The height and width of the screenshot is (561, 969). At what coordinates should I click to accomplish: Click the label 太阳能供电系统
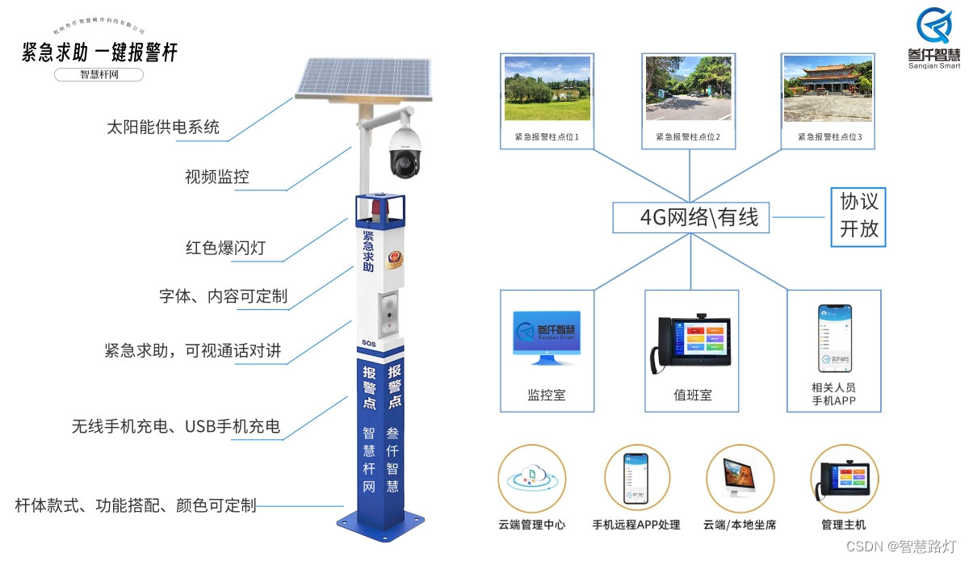click(163, 128)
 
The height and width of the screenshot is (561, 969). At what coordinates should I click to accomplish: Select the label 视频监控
click(216, 177)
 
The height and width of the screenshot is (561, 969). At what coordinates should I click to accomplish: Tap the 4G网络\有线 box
click(690, 217)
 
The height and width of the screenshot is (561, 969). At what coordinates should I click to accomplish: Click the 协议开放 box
click(858, 216)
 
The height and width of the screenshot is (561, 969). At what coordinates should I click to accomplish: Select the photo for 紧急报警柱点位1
click(547, 88)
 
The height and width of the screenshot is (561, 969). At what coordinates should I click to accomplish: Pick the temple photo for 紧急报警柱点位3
click(828, 88)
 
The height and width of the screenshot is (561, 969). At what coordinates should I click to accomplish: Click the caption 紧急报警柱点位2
click(688, 138)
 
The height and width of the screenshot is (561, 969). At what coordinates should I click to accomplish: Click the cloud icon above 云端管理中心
click(531, 479)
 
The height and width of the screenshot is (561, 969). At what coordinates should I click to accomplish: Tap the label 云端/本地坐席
click(740, 525)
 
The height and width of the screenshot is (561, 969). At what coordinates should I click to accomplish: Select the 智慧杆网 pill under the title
click(99, 75)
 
